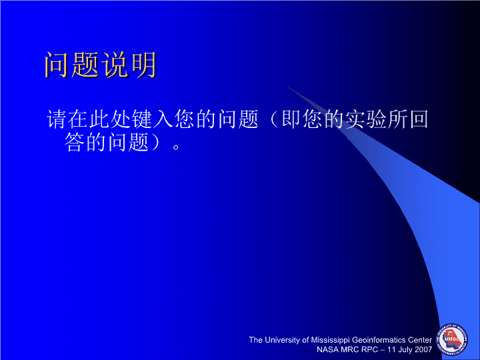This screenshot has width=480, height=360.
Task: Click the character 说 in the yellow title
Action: pos(114,65)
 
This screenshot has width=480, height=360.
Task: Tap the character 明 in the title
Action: pos(143,65)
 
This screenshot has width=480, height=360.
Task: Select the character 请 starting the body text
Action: pos(56,119)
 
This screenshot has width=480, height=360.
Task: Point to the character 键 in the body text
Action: pos(142,119)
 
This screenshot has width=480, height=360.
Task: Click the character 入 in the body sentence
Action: pos(163,119)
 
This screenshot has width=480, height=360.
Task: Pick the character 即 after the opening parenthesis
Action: pos(291,119)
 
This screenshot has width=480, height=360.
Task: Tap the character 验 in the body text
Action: pos(377,119)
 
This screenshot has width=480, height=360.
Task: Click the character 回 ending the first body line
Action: pos(419,119)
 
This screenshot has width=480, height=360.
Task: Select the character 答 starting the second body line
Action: pos(74,142)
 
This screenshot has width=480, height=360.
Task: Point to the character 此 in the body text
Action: pos(99,119)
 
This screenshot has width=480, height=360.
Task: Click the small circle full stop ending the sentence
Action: pos(176,147)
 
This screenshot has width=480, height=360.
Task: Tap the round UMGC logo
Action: pos(452,340)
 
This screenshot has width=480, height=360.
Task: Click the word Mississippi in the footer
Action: pos(330,340)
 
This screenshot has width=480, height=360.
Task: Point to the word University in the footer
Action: pos(282,340)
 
